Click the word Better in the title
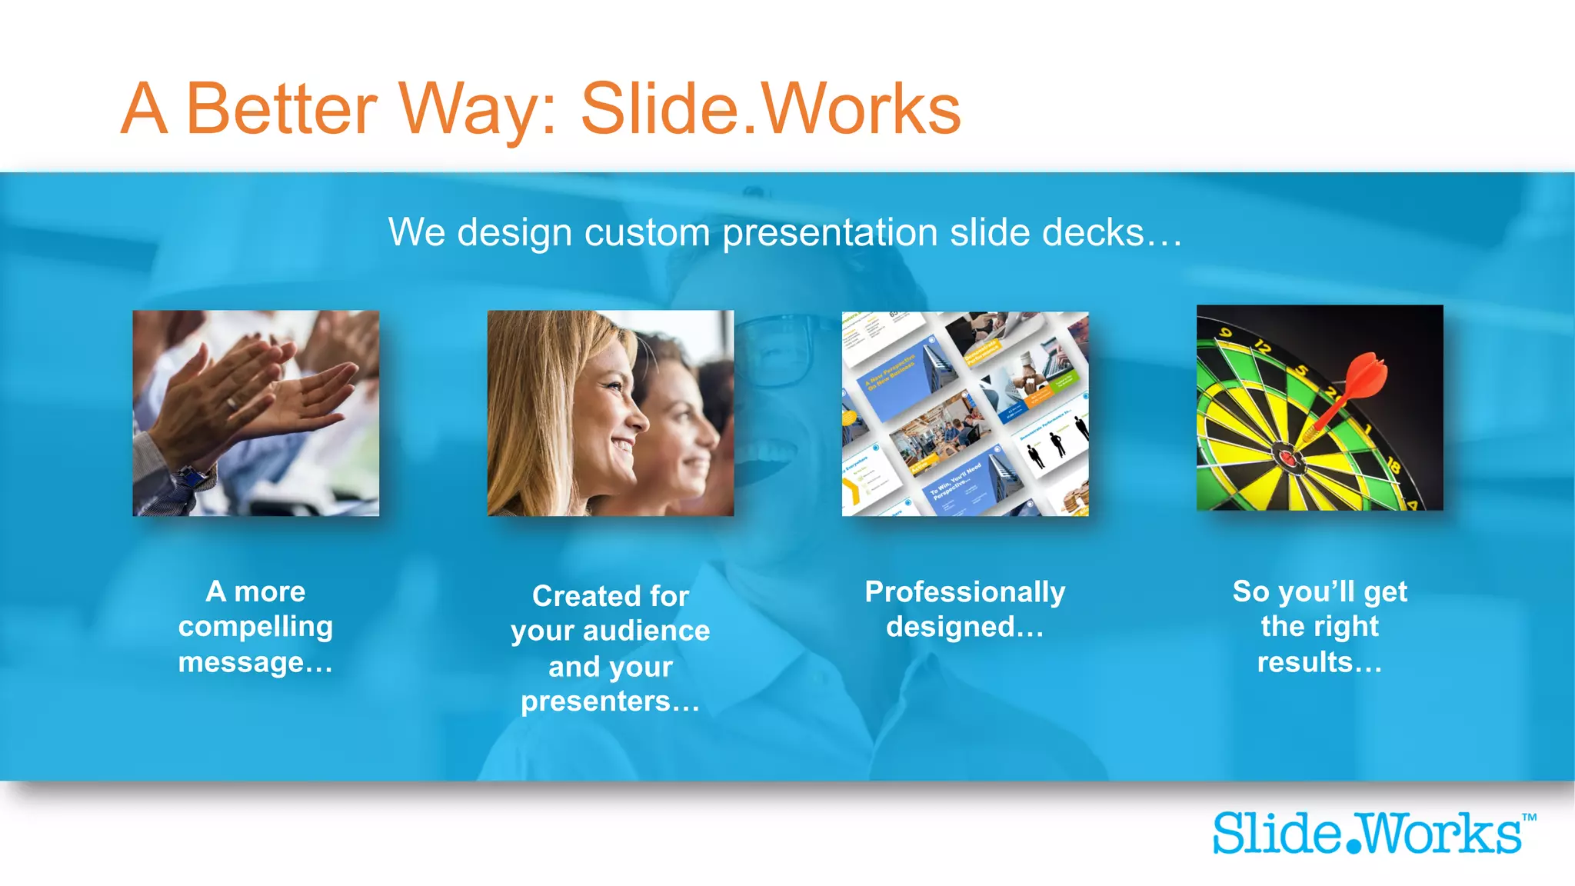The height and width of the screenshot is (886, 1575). [x=281, y=110]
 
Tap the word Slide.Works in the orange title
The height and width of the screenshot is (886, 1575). [x=770, y=110]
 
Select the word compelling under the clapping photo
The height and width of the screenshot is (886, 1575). [x=255, y=627]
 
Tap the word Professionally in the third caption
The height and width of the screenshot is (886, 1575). [x=964, y=592]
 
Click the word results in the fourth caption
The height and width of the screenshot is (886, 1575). [x=1304, y=662]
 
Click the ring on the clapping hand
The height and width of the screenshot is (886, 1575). [x=231, y=403]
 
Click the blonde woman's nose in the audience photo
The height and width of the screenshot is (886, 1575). [x=641, y=420]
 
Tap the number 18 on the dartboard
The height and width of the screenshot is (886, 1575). [x=1394, y=466]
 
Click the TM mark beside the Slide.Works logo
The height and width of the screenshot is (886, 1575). [x=1529, y=818]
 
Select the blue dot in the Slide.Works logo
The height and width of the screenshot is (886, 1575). [x=1353, y=847]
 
